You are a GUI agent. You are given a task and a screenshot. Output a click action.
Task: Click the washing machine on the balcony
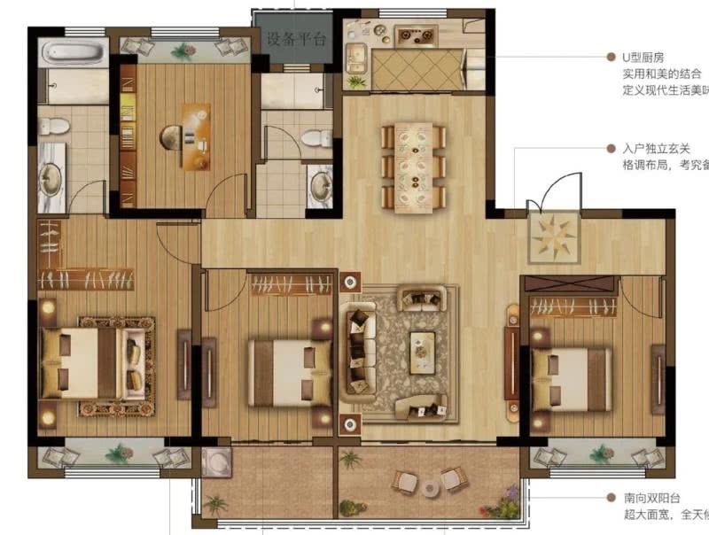pyautogui.click(x=215, y=461)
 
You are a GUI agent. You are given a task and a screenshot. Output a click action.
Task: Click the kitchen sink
pyautogui.click(x=358, y=58)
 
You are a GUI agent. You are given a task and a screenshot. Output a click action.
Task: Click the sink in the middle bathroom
pyautogui.click(x=320, y=183)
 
